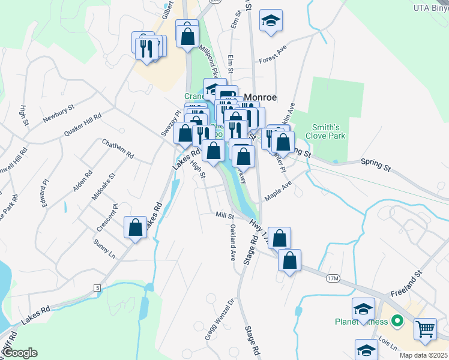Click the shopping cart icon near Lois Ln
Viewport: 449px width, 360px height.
pos(425,329)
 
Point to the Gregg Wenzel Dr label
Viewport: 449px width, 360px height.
pos(218,319)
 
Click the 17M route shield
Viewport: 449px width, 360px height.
pos(334,279)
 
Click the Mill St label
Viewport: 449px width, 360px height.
pos(223,215)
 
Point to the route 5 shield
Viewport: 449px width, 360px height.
pos(97,288)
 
